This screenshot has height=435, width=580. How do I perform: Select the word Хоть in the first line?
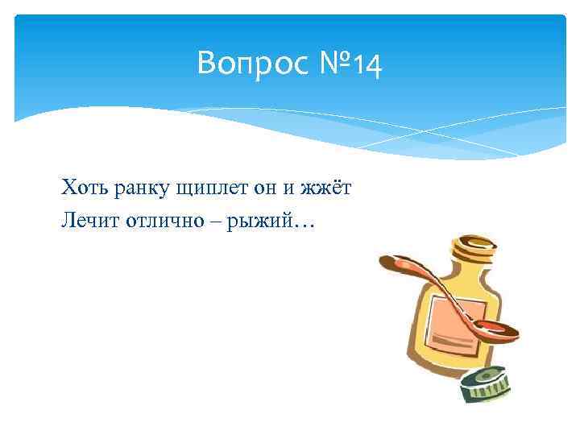[79, 188]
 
